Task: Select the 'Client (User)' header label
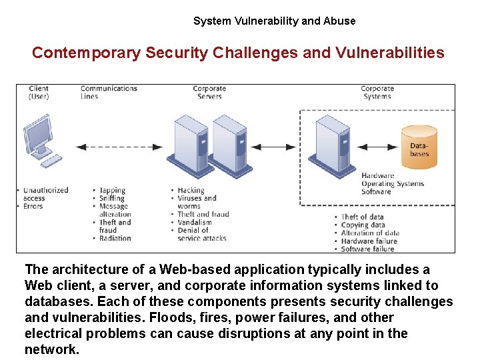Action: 39,92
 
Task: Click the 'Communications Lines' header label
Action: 109,92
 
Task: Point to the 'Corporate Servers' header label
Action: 209,92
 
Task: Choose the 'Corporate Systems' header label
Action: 377,92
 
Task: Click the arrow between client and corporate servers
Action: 119,147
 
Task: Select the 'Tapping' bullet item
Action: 113,191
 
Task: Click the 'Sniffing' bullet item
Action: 113,199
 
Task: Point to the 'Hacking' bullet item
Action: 191,191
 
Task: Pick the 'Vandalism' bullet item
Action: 195,223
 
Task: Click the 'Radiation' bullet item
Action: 115,239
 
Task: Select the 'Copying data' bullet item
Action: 363,225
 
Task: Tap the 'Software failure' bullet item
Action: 367,249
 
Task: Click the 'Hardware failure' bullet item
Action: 369,241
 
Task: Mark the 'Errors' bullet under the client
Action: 33,207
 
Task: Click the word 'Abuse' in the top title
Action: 339,21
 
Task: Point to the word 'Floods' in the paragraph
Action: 171,317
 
